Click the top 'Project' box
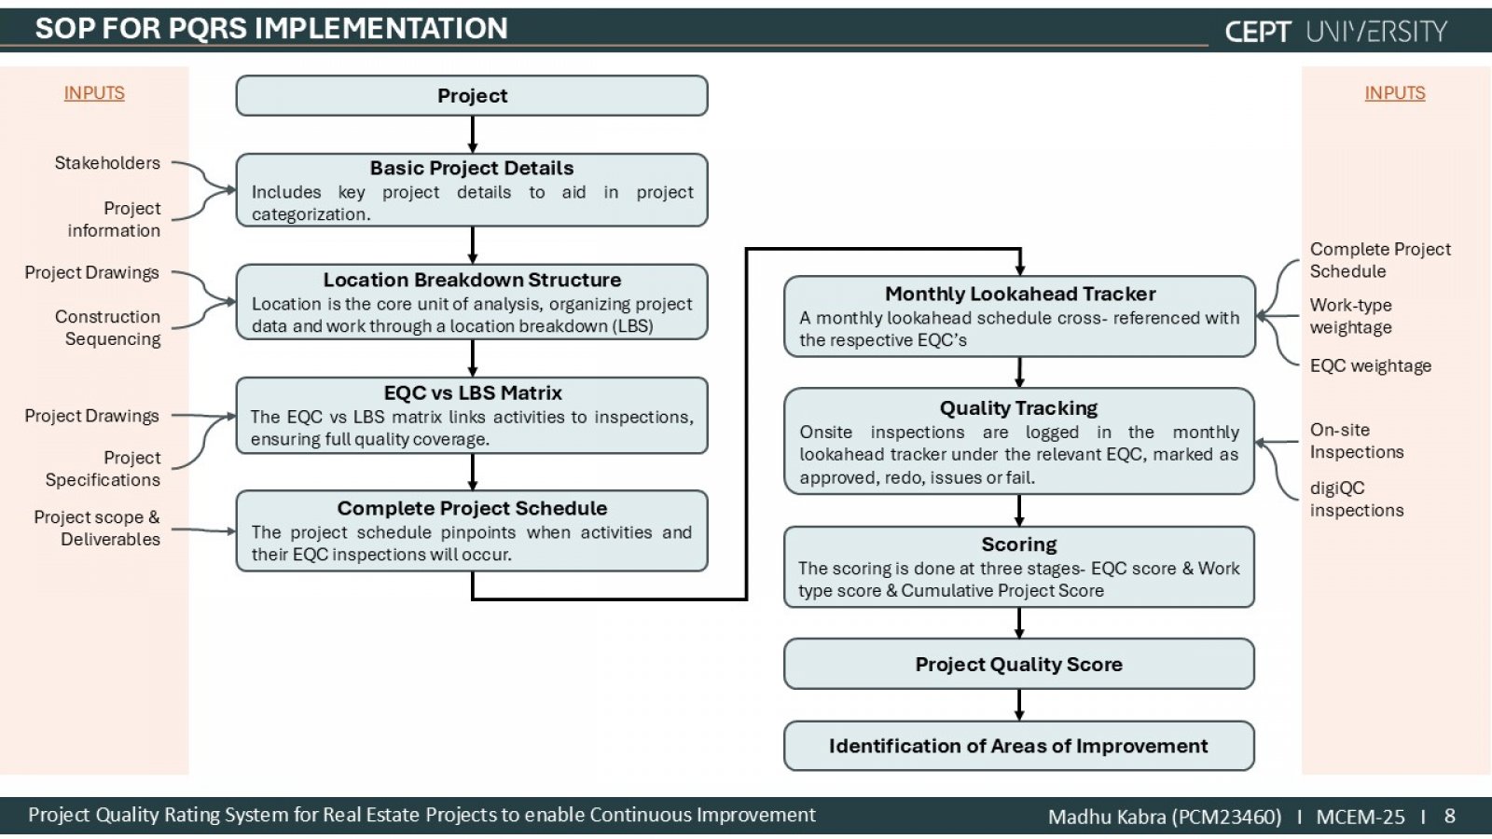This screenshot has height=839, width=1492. coord(472,96)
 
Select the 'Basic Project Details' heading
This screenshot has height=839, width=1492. coord(472,168)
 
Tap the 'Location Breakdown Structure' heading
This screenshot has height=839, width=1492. coord(472,280)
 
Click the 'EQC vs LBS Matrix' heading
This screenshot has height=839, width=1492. coord(472,392)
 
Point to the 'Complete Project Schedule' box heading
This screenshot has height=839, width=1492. coord(472,508)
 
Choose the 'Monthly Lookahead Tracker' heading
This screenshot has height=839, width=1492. coord(1020,294)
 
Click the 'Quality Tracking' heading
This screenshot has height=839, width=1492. coord(1018,407)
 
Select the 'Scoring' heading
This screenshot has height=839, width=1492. coord(1019,544)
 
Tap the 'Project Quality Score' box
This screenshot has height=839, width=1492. coord(1019,664)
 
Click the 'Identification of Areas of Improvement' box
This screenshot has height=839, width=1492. coord(1019,746)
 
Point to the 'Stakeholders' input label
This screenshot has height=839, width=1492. coord(107,162)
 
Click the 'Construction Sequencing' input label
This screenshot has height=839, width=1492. coord(108,327)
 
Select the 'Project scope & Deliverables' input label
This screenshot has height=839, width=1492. coord(97,528)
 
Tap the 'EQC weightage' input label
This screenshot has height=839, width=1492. coord(1371,366)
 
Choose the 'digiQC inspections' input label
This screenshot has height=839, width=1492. coord(1357,499)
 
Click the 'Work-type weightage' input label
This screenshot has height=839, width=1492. coord(1351,316)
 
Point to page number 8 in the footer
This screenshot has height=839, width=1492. coord(1449,816)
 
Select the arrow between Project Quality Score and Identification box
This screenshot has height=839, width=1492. coord(1019,705)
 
